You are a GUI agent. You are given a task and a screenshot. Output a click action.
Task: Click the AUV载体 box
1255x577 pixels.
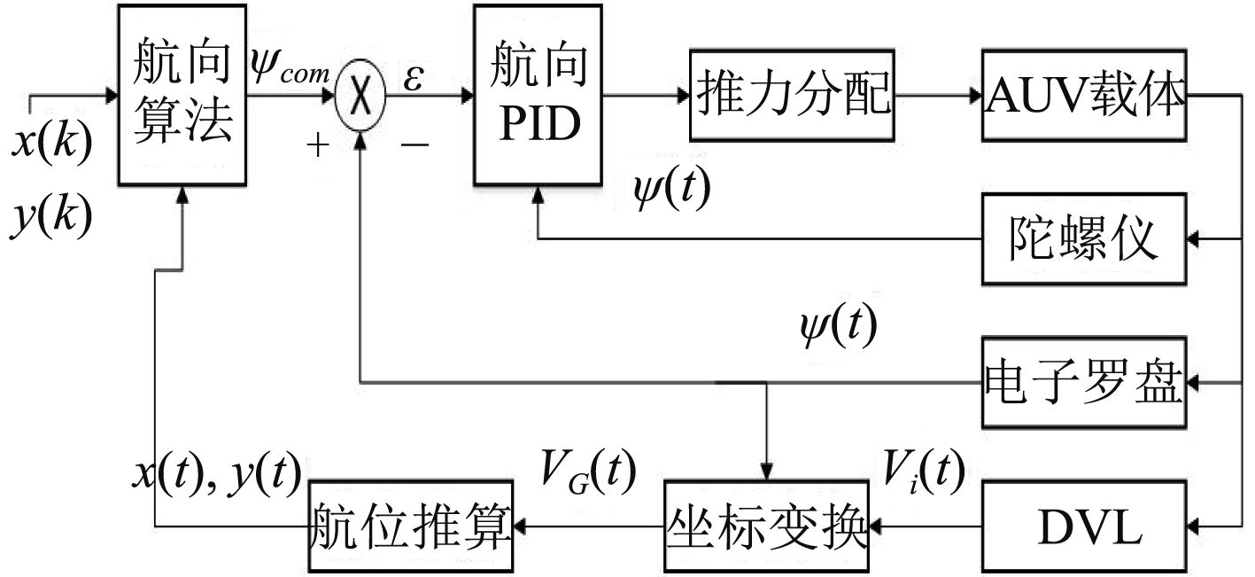click(x=1082, y=96)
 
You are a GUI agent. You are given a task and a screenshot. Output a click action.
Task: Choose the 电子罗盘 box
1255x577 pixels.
click(x=1082, y=382)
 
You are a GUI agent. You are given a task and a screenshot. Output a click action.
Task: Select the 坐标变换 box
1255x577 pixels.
click(x=765, y=526)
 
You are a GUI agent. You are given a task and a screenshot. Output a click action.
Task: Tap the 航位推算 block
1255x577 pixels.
click(x=412, y=526)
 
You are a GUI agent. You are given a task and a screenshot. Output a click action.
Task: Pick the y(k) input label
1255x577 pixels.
click(x=51, y=217)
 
